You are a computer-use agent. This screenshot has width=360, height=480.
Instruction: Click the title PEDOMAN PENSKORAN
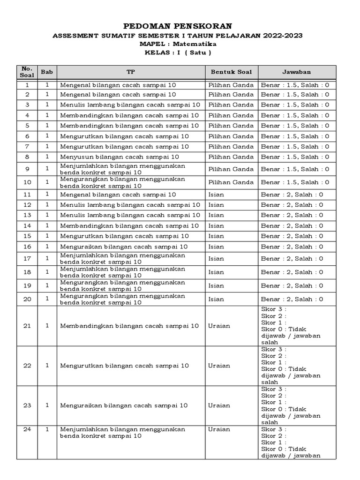tap(177, 25)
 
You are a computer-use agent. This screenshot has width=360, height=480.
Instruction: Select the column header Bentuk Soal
tap(231, 72)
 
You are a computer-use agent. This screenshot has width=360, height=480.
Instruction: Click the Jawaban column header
tap(296, 72)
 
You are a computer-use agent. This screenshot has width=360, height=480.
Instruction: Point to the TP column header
tap(130, 72)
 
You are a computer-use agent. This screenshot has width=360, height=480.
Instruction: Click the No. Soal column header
tap(27, 72)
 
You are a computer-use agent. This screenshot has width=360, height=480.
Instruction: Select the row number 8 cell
tap(27, 157)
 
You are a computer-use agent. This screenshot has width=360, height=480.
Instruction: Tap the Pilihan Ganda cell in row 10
tap(231, 182)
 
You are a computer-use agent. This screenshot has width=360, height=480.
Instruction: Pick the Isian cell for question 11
tap(217, 195)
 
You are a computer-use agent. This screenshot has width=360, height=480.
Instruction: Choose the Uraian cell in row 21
tap(219, 326)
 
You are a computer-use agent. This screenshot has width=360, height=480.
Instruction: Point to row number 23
tap(27, 405)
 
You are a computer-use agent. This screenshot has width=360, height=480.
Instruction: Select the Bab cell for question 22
tap(47, 366)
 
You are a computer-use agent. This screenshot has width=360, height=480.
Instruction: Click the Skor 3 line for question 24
tap(274, 429)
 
